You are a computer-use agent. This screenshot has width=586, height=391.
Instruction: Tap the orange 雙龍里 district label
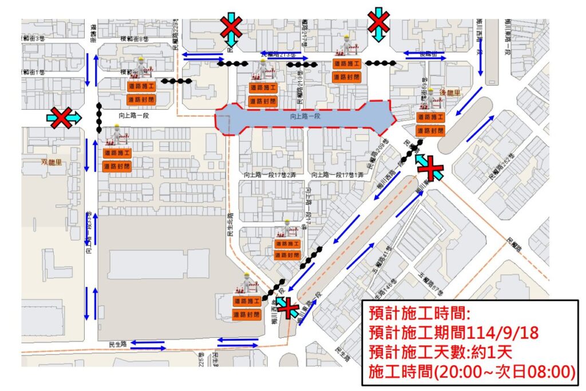click(x=52, y=162)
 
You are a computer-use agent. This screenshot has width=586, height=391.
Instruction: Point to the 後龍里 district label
click(x=450, y=93)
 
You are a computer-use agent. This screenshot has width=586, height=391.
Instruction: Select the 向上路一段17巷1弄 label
click(x=337, y=174)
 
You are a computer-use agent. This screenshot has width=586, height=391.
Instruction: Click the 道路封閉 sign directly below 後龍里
click(x=430, y=131)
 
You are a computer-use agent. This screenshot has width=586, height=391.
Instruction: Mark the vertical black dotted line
click(x=99, y=118)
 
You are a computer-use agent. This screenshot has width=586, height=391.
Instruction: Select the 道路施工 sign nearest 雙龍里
click(x=117, y=153)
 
